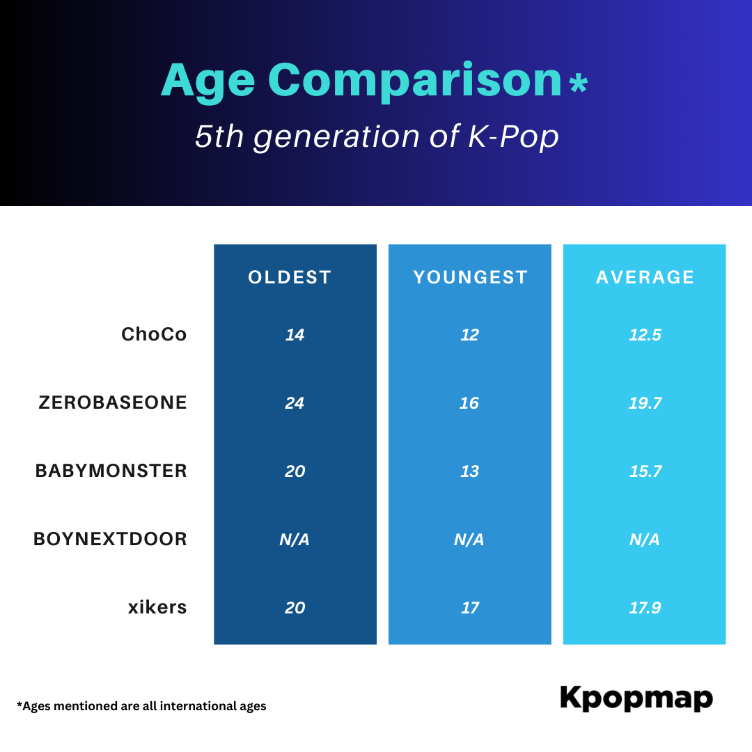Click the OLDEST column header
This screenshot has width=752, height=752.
(x=290, y=277)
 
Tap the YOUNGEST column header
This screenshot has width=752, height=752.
(x=471, y=277)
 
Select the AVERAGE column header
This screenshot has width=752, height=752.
(x=645, y=277)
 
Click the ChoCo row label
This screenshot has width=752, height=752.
(x=154, y=334)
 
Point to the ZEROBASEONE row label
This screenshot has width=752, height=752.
(x=113, y=402)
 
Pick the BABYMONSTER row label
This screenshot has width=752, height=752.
(x=111, y=471)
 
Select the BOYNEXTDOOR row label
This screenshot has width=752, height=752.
(x=110, y=539)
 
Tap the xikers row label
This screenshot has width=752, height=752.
(x=157, y=607)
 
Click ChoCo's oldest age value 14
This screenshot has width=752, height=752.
(x=295, y=335)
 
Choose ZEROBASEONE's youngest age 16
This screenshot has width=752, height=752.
(x=469, y=403)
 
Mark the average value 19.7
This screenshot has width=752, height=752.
(x=645, y=403)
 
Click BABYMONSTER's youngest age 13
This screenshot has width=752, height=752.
(x=469, y=471)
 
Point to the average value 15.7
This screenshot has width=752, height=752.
(x=645, y=471)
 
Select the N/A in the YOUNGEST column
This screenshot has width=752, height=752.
(x=469, y=540)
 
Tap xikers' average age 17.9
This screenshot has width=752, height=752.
(x=645, y=608)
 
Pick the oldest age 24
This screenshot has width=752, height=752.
(x=295, y=403)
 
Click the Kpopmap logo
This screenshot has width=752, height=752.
(x=636, y=698)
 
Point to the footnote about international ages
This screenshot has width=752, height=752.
(x=141, y=706)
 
